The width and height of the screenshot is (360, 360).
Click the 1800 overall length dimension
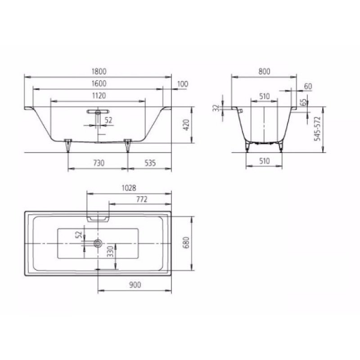click(x=98, y=71)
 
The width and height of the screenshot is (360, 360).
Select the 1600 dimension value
click(x=98, y=83)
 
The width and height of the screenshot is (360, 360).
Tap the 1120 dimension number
click(x=98, y=95)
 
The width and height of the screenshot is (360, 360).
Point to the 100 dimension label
click(x=183, y=84)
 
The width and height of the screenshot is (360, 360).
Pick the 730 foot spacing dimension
click(x=98, y=163)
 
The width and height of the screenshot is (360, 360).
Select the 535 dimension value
click(x=150, y=163)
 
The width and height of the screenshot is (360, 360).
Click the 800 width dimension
click(x=265, y=71)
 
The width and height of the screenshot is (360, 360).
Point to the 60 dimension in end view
click(x=308, y=86)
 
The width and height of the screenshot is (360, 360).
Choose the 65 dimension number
click(x=303, y=103)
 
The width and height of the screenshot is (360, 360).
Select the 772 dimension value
click(x=139, y=199)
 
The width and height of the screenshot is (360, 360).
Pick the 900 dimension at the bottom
click(x=135, y=285)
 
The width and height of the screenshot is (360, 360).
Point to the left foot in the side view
click(x=68, y=145)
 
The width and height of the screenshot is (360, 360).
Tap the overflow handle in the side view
click(x=98, y=110)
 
